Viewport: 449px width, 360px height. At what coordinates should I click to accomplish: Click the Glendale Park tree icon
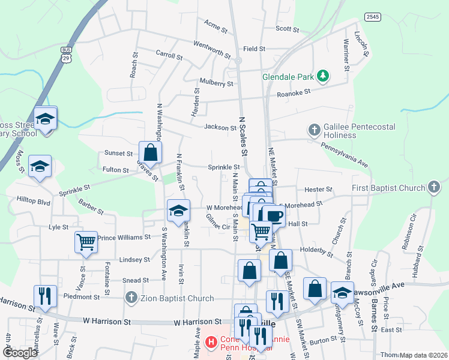point(323,76)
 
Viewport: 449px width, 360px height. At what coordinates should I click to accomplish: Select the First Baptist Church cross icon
point(435,188)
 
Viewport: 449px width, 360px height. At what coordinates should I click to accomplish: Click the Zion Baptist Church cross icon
point(131,298)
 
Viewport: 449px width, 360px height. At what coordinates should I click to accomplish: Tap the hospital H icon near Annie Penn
point(211,343)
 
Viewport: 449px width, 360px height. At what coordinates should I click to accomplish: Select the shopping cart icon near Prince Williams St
point(86,242)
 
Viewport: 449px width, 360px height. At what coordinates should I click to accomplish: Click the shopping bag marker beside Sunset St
point(150,152)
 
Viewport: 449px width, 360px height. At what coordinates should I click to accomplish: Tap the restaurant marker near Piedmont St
point(46,296)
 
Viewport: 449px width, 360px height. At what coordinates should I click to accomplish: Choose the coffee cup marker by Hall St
point(273,215)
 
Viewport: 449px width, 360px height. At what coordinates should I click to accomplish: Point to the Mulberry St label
point(217,84)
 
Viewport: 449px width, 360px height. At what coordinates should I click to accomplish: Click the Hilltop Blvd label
point(34,202)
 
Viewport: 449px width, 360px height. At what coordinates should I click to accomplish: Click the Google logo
point(20,353)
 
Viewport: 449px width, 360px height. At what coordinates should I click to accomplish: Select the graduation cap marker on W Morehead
point(178,211)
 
